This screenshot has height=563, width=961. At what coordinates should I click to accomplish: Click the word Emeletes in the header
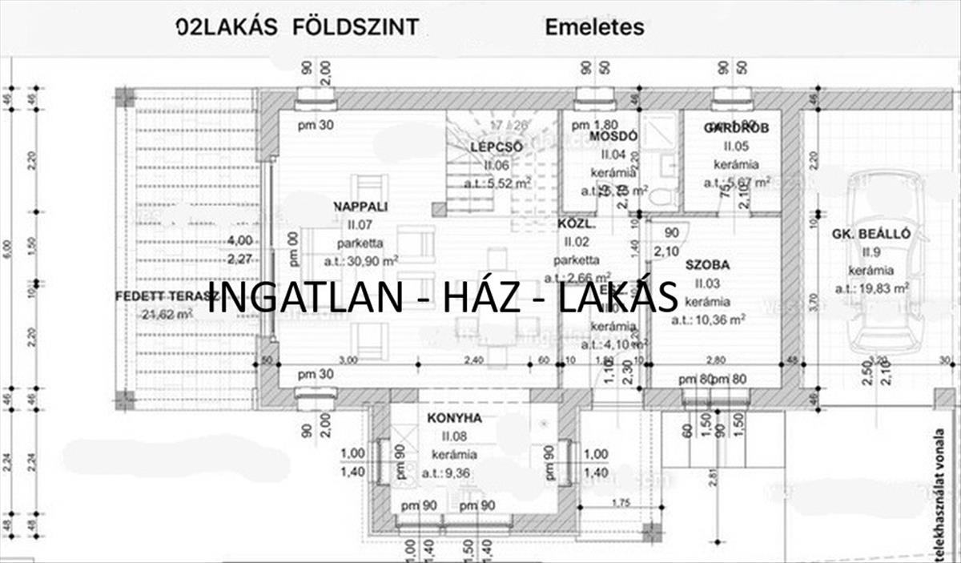point(594,27)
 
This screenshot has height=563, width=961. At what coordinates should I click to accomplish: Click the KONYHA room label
point(454,418)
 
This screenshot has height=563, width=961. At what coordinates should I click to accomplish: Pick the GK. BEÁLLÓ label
point(871,235)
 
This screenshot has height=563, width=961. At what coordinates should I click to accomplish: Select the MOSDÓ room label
point(613,137)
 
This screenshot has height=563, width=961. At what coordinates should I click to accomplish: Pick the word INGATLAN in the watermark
point(311,296)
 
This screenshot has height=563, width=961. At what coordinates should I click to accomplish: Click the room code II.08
point(454,436)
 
